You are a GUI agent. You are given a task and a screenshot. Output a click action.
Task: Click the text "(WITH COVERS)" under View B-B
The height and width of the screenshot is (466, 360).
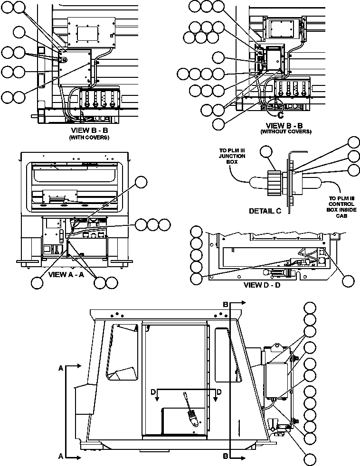[90, 137]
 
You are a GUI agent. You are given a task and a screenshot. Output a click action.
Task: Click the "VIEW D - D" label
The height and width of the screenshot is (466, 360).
[262, 285]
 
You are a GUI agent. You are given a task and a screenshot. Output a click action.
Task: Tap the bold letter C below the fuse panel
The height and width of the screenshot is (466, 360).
[281, 114]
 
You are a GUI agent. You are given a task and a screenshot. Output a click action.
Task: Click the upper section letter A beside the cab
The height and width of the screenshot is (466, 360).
[60, 368]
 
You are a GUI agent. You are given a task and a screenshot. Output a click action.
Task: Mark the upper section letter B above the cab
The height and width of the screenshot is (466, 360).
[226, 303]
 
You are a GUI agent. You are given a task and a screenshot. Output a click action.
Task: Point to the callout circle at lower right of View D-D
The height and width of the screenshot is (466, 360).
[348, 280]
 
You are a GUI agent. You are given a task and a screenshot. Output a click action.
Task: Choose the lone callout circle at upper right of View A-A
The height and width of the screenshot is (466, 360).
[141, 182]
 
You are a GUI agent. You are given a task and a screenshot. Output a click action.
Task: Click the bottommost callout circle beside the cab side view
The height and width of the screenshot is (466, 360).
[310, 459]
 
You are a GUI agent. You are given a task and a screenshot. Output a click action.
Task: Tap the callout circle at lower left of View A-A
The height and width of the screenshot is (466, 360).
[37, 283]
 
